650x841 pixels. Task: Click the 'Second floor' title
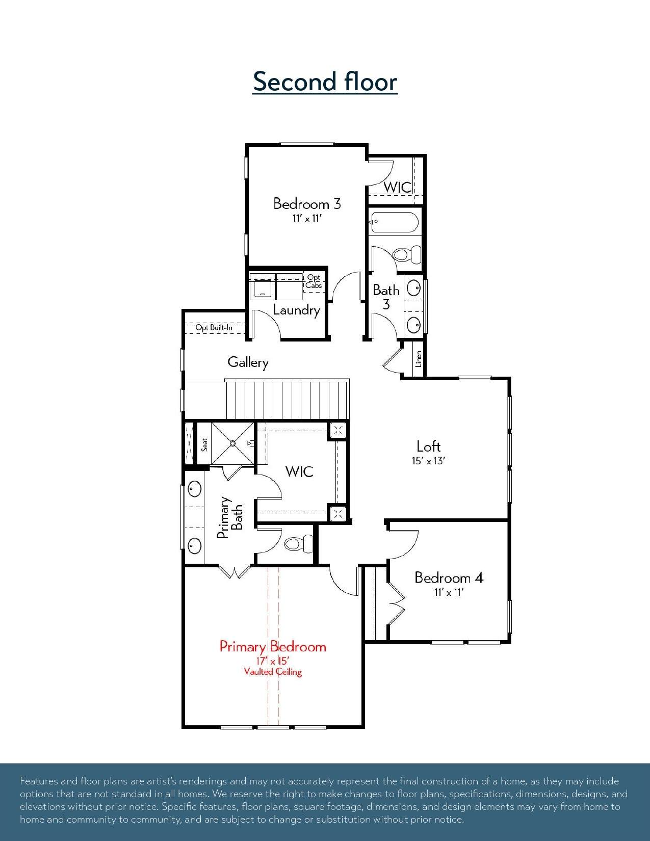point(325,82)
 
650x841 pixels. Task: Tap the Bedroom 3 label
point(307,203)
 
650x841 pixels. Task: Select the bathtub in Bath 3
point(394,222)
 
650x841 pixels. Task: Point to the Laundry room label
point(297,310)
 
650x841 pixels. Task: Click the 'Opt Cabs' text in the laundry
point(313,281)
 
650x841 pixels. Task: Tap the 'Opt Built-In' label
point(214,327)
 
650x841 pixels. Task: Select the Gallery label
point(248,362)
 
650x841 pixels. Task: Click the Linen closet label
point(419,359)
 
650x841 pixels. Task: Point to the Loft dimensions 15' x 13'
point(429,461)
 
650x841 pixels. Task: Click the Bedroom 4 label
point(449,578)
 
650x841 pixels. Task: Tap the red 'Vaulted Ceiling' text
point(273,672)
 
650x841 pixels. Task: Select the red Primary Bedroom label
point(273,647)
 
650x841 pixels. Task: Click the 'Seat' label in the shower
point(204,444)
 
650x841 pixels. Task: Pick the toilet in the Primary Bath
point(298,544)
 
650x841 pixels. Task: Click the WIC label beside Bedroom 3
point(397,188)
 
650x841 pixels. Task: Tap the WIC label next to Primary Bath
point(299,471)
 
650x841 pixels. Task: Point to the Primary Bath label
point(229,517)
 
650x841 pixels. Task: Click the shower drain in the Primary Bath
point(233,443)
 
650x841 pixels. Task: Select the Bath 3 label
point(386,297)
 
